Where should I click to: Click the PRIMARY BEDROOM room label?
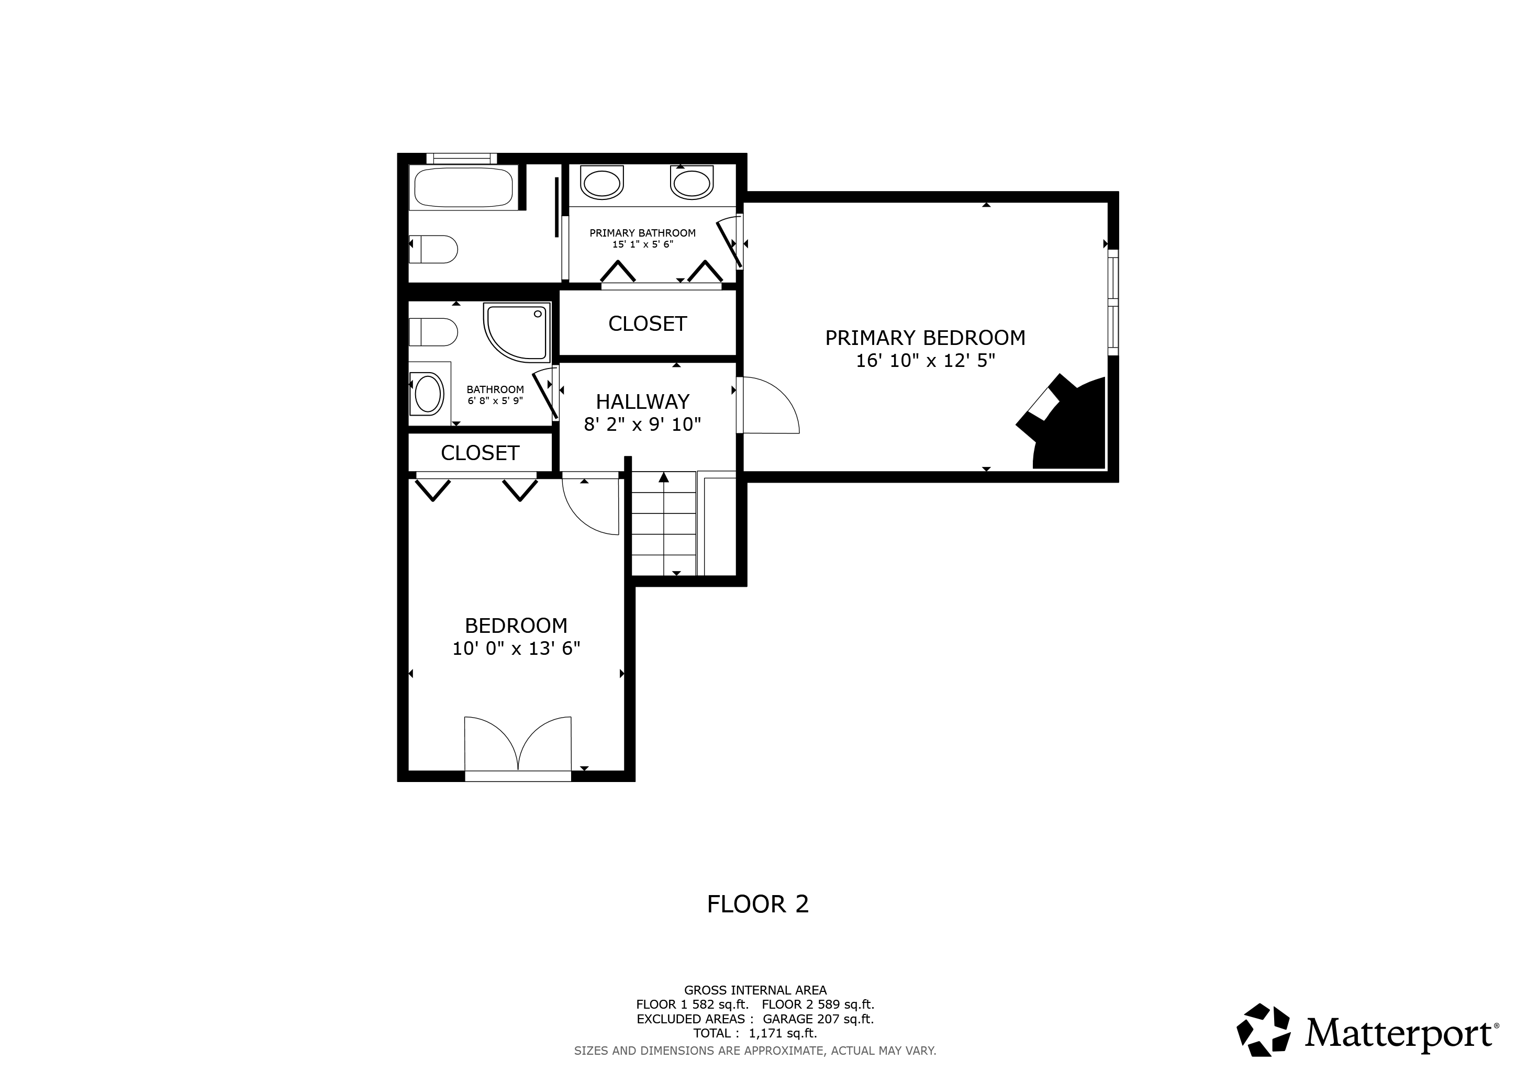(x=925, y=338)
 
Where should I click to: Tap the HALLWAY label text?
(x=642, y=401)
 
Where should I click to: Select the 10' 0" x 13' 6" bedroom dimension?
(x=516, y=648)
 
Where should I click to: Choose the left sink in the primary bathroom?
(x=601, y=182)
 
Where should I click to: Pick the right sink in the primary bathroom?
(x=692, y=182)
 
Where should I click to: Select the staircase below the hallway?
(x=664, y=523)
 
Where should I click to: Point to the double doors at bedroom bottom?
(x=518, y=744)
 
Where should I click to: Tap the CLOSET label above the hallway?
(x=648, y=323)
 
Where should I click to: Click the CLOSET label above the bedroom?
(x=480, y=453)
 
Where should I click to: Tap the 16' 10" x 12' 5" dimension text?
(x=925, y=361)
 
